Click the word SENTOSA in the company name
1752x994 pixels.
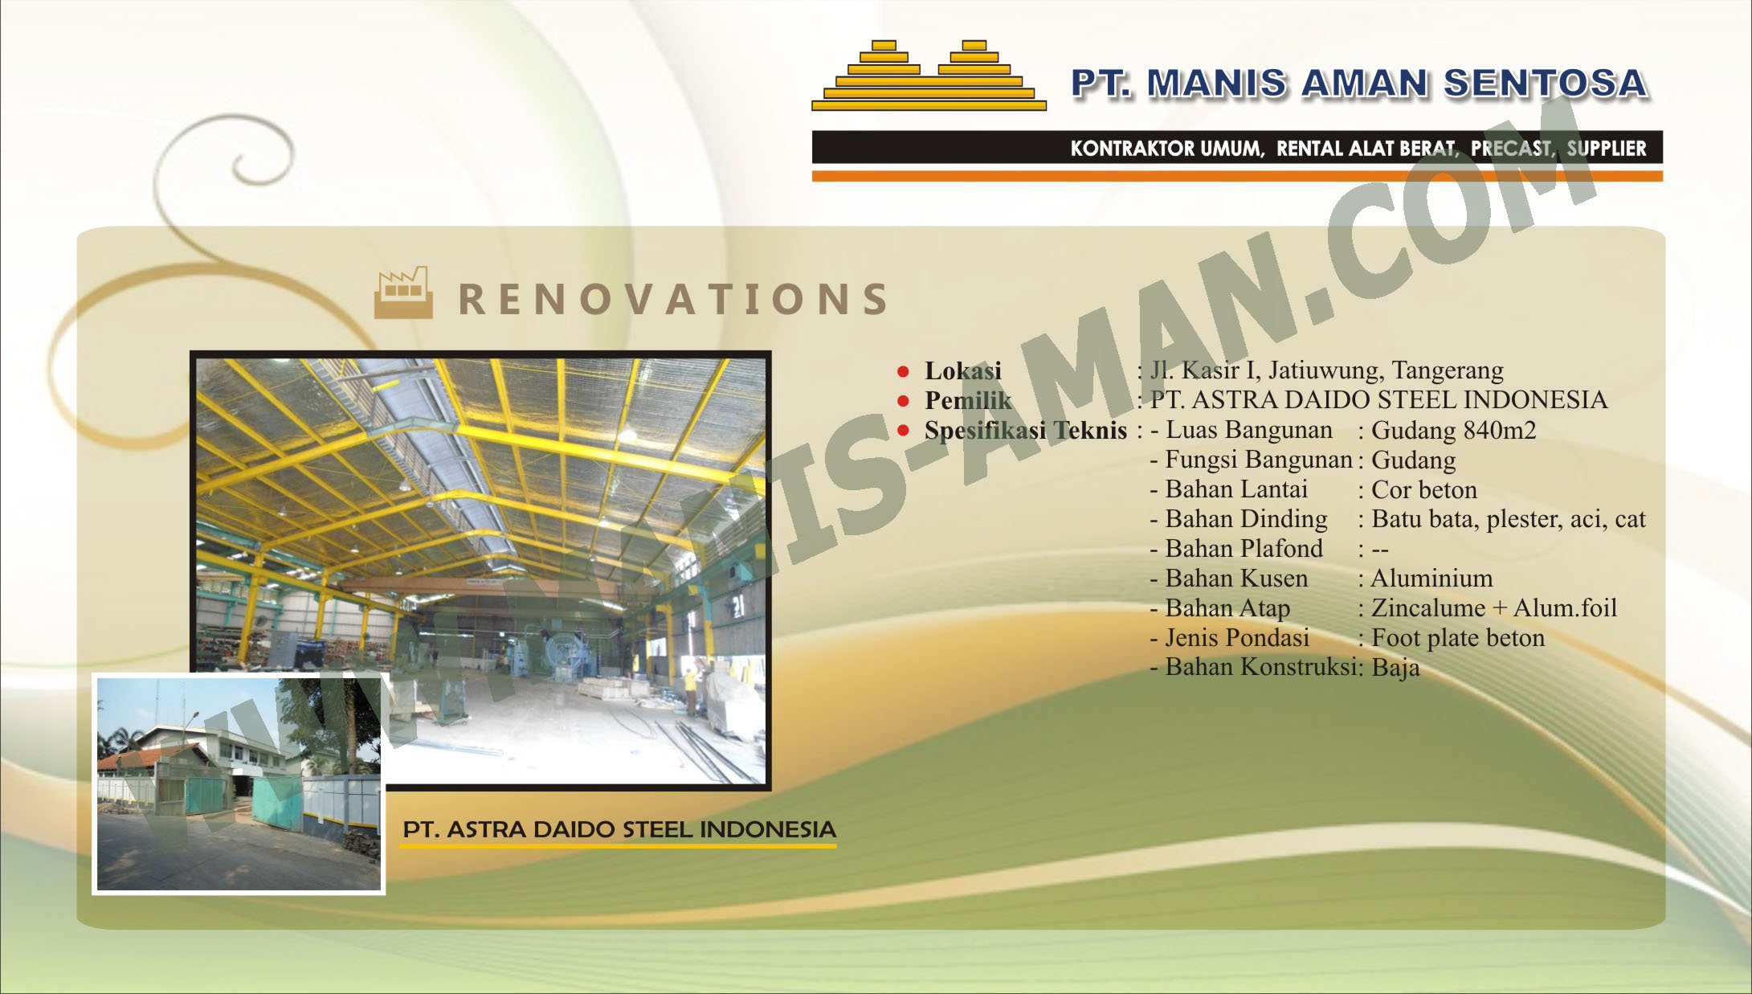point(1546,84)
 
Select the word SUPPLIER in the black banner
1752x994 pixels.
point(1607,149)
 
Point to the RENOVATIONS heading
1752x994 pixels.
point(673,299)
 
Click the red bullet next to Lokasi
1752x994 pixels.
point(903,371)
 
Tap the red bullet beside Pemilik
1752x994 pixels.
point(903,401)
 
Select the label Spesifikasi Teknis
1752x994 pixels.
point(1026,431)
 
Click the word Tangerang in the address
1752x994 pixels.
point(1448,370)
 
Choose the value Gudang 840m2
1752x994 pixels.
point(1454,431)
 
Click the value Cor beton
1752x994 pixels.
point(1424,490)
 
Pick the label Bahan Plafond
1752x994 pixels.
point(1244,549)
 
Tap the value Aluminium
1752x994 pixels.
point(1431,579)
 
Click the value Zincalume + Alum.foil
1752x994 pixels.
point(1494,608)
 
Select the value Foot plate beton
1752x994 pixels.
point(1458,638)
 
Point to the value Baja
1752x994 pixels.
point(1395,668)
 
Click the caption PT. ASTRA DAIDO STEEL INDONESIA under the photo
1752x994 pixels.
point(619,829)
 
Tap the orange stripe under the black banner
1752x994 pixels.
point(1237,176)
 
